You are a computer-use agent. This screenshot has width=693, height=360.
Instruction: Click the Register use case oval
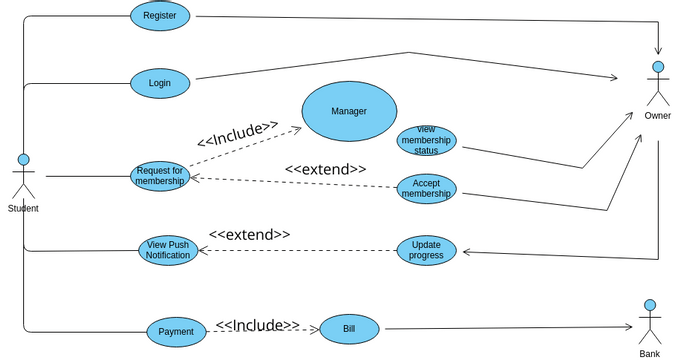[160, 16]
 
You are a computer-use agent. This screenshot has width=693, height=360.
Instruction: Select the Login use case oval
[160, 83]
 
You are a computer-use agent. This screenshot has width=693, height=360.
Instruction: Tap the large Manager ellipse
[349, 111]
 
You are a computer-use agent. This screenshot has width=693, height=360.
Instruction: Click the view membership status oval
[426, 141]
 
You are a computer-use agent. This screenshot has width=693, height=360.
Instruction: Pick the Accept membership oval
[426, 188]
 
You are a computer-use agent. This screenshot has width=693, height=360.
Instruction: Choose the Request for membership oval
[160, 176]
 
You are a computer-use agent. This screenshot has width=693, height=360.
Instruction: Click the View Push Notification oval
[168, 250]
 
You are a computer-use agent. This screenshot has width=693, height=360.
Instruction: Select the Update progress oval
[426, 250]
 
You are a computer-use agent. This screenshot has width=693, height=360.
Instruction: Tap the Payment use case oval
[176, 332]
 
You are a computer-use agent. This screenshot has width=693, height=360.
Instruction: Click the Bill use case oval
[349, 328]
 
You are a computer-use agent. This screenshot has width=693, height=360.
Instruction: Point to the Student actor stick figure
[23, 176]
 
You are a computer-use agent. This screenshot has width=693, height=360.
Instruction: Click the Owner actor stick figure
[657, 84]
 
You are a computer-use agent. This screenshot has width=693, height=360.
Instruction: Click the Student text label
[23, 208]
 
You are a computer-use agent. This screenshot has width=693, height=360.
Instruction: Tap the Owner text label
[657, 116]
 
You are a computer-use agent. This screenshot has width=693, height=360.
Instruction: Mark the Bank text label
[650, 353]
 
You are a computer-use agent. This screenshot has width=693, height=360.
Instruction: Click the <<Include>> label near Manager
[238, 133]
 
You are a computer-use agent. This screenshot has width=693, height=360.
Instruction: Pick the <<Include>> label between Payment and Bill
[257, 325]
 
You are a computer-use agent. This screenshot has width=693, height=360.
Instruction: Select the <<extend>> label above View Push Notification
[249, 235]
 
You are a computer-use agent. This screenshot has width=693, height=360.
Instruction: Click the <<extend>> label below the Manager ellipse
[325, 170]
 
